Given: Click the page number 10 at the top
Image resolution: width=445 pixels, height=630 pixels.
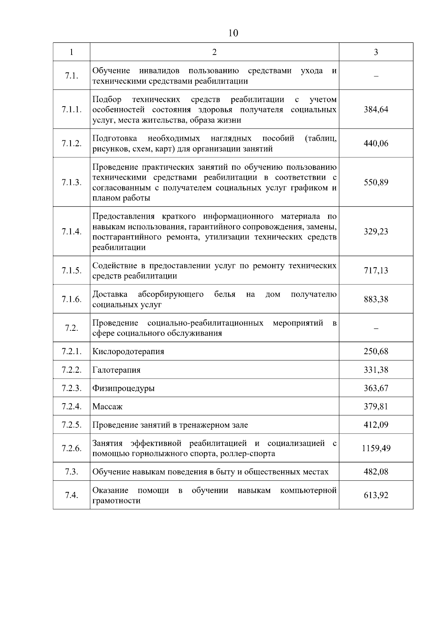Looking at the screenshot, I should (233, 33).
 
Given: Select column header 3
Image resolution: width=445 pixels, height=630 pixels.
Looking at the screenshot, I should (376, 52).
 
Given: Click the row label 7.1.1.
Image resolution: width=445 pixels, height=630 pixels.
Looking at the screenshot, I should (71, 110).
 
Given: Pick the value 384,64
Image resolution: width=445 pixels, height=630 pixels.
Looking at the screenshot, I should (376, 110).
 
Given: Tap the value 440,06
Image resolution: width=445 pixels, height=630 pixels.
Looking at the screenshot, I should (376, 143).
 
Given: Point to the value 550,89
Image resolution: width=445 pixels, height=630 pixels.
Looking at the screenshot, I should (376, 182).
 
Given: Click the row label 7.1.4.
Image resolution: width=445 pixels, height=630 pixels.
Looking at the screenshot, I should (71, 231).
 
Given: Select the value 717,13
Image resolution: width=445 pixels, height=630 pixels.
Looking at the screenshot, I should (376, 270).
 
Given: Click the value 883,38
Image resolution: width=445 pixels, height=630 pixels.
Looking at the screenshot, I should (376, 299).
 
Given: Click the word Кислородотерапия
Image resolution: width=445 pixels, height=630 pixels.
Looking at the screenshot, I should (128, 351).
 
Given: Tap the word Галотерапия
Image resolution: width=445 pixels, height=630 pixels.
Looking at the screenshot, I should (116, 370).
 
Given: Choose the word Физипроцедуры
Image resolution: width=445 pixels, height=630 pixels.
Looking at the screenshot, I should (123, 388).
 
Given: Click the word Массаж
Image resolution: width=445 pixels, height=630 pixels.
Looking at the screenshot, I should (107, 407).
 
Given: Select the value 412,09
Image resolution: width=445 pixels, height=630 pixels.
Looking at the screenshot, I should (376, 425).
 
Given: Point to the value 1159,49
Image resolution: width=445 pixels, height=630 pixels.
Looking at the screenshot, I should (376, 448).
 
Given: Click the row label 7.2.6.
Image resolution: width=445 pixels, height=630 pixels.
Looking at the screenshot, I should (71, 448).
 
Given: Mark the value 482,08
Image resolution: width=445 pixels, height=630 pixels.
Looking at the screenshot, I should (376, 472).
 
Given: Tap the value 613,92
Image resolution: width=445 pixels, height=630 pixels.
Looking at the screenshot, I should (376, 495).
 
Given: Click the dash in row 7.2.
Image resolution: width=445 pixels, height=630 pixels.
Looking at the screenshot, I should (376, 328).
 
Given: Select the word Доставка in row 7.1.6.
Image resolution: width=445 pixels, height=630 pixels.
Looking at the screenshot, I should (110, 294).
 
